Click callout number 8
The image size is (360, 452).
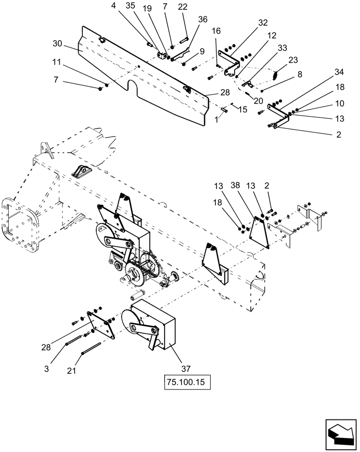pyautogui.click(x=299, y=74)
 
